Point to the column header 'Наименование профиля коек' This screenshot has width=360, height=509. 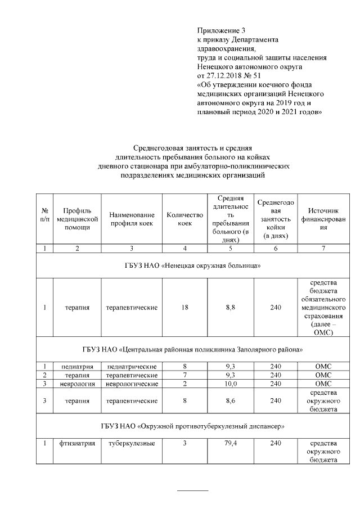[x=132, y=219]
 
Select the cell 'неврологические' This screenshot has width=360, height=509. [x=132, y=383]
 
